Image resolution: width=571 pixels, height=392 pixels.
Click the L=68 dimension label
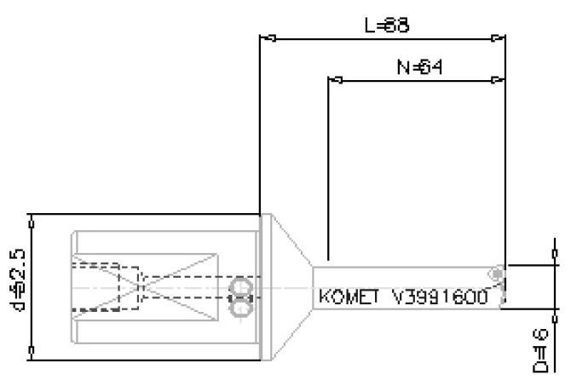coord(386,26)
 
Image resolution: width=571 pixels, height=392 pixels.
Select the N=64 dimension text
coord(414,66)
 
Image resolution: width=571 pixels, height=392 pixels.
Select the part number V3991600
coord(439,297)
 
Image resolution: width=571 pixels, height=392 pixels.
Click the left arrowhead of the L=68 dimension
coord(266,38)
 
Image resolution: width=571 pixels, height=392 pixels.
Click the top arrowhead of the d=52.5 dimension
coord(32,220)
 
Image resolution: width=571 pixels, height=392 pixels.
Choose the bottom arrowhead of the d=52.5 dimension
coord(32,353)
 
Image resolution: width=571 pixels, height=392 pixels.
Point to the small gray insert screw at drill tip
coord(495,273)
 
